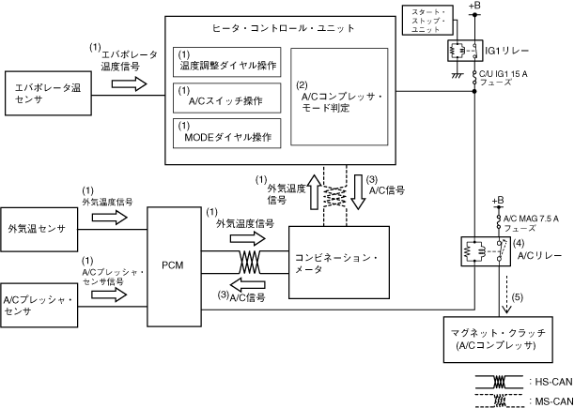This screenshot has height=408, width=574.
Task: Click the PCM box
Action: (x=174, y=266)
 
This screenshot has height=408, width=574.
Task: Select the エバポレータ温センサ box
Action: (x=48, y=94)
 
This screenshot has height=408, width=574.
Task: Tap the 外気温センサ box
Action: (x=39, y=230)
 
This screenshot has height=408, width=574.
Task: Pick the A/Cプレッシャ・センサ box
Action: (x=39, y=305)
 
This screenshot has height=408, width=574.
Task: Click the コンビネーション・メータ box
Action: (x=339, y=263)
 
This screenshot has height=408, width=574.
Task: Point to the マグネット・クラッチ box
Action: (x=498, y=340)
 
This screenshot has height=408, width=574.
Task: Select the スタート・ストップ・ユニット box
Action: (x=427, y=20)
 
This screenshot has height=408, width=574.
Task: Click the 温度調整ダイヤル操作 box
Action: (x=227, y=62)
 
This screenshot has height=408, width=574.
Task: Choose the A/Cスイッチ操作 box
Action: (x=227, y=98)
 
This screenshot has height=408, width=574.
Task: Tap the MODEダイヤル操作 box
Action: (x=227, y=133)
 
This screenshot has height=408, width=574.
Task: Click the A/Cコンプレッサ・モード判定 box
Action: (x=339, y=97)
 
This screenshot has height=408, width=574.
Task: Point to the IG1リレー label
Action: (x=506, y=51)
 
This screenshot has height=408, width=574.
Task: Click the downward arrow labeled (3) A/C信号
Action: (x=358, y=191)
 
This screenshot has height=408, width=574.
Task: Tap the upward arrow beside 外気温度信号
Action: (x=314, y=191)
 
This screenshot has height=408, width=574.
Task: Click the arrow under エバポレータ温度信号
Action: (x=129, y=83)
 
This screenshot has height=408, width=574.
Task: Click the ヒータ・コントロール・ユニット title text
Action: (x=284, y=28)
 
